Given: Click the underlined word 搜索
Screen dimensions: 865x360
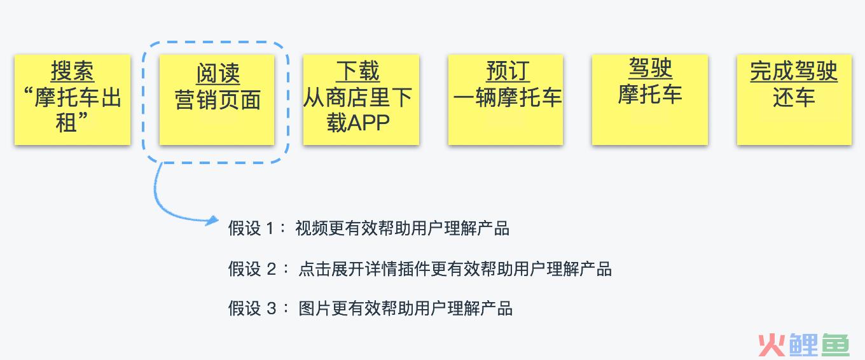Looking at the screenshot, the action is [x=73, y=71].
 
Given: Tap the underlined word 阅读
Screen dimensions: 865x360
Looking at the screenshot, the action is [x=218, y=73].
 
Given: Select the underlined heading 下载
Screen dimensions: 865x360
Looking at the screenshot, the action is [x=357, y=71].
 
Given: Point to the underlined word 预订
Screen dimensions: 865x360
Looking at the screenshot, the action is [x=508, y=71].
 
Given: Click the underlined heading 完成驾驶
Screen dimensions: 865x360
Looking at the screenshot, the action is [x=794, y=71].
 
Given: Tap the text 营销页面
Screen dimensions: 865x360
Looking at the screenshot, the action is [x=218, y=100].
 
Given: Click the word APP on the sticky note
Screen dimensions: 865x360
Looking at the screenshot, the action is [x=369, y=123].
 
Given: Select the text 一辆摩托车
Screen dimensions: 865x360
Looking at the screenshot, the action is [x=508, y=97].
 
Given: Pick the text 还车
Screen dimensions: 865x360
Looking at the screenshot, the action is [x=794, y=97].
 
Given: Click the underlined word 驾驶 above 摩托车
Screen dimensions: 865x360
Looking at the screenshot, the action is [x=650, y=68].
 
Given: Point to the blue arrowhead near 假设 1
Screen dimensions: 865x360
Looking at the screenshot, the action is [x=212, y=221].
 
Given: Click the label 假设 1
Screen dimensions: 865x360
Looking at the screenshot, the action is [x=251, y=228].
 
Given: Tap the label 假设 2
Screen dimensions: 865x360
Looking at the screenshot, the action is [x=252, y=269].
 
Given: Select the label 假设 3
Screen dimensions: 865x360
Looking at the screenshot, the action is [x=252, y=308].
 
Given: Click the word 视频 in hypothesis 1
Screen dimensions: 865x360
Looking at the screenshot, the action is [x=312, y=228].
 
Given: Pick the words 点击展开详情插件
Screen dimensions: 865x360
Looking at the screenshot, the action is [x=364, y=269].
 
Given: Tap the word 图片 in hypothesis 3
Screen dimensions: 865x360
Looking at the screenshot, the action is [x=315, y=308].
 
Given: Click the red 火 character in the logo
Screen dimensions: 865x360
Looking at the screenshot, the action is [x=772, y=345].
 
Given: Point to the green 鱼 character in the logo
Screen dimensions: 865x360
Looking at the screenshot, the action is [x=835, y=345].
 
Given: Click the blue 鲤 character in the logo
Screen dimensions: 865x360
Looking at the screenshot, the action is [x=803, y=345].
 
